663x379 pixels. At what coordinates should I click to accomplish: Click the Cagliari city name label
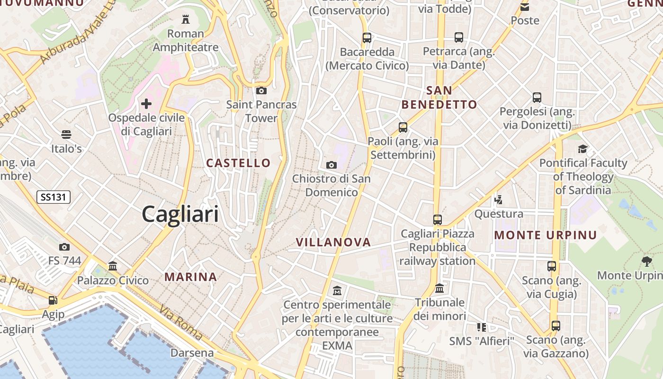180,214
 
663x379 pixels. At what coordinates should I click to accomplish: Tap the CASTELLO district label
238,163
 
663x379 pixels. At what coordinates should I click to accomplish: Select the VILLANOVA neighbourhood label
333,242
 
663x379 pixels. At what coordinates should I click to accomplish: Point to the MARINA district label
191,277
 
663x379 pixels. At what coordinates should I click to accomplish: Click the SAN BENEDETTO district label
439,98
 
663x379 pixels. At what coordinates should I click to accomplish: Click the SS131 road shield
54,197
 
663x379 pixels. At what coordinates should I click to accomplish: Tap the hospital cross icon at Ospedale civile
146,103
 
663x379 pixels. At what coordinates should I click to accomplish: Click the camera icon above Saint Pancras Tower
261,90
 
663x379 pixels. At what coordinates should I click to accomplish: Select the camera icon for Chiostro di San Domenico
331,165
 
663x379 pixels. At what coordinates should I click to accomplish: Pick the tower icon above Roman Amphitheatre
185,19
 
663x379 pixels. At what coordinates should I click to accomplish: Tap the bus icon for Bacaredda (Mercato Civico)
367,38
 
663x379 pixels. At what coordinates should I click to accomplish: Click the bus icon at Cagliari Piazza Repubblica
438,220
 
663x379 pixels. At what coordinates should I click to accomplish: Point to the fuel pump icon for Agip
53,300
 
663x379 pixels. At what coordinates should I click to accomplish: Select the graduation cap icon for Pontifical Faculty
582,149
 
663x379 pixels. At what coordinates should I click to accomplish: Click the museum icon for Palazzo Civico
113,266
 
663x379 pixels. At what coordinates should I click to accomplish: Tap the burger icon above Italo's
66,135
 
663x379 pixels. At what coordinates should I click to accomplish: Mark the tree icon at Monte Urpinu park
646,261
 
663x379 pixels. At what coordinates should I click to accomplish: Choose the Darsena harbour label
192,353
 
